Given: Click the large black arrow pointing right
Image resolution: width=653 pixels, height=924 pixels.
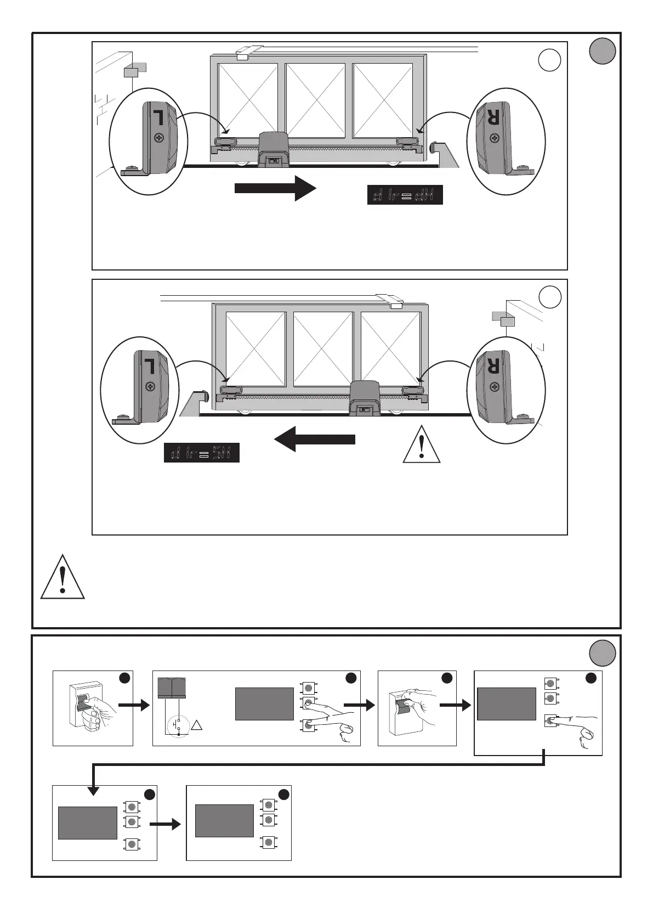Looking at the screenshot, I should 275,188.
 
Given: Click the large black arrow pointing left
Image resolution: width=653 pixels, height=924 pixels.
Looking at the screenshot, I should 314,439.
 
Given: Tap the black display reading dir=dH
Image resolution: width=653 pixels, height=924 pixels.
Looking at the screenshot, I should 405,195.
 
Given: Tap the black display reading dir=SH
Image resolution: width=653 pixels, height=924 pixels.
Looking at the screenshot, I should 202,453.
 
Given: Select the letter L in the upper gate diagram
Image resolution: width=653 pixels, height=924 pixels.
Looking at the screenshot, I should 157,117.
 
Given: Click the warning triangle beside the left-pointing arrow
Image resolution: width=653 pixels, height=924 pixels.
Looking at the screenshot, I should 421,444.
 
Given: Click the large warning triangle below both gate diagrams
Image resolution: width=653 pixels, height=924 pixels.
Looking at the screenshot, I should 63,576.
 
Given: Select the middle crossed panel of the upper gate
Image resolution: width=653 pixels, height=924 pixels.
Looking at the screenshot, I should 315,100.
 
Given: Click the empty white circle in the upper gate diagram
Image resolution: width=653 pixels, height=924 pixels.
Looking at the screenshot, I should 549,60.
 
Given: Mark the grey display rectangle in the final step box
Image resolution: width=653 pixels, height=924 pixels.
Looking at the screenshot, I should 224,821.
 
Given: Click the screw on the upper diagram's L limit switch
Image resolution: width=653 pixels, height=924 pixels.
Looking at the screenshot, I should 159,138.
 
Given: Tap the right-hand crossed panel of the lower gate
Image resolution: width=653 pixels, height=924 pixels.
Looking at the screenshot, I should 390,349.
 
